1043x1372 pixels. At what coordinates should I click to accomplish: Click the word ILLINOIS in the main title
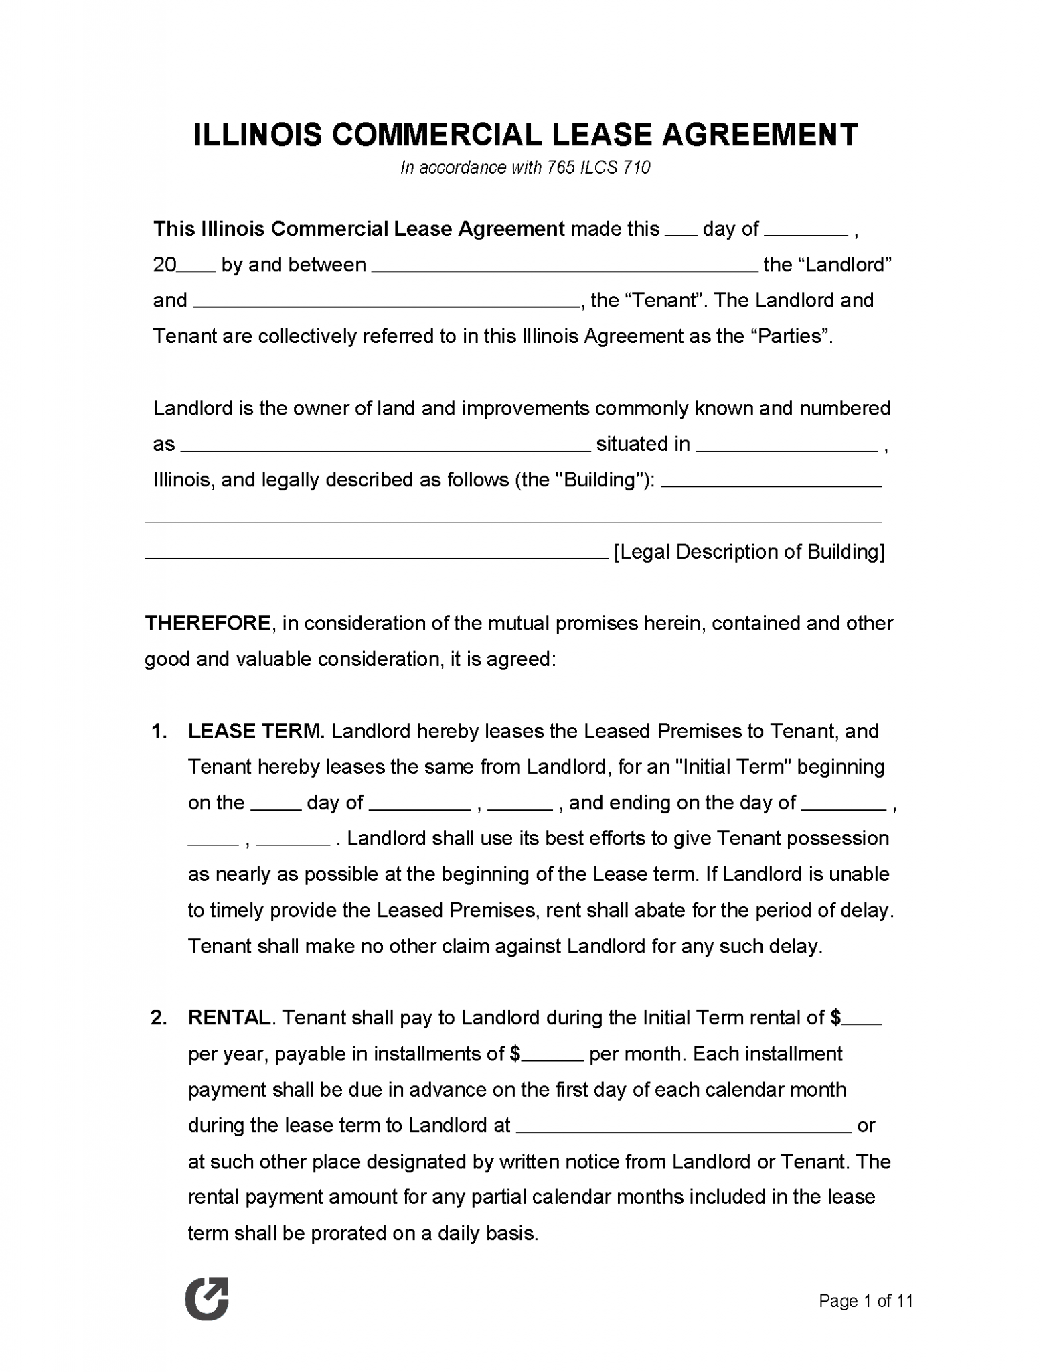257,135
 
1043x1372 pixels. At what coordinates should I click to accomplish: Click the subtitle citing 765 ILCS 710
525,167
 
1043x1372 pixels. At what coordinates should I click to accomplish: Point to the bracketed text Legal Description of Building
749,552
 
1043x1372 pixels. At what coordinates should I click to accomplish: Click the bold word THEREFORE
208,624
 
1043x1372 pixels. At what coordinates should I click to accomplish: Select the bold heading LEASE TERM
256,731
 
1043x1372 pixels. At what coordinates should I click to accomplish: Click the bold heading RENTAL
229,1018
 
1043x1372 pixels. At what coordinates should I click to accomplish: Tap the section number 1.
159,731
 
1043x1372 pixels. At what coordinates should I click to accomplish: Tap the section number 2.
159,1018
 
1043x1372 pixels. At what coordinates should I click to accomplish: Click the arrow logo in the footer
207,1298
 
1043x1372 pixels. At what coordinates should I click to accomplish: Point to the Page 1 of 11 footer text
866,1301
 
